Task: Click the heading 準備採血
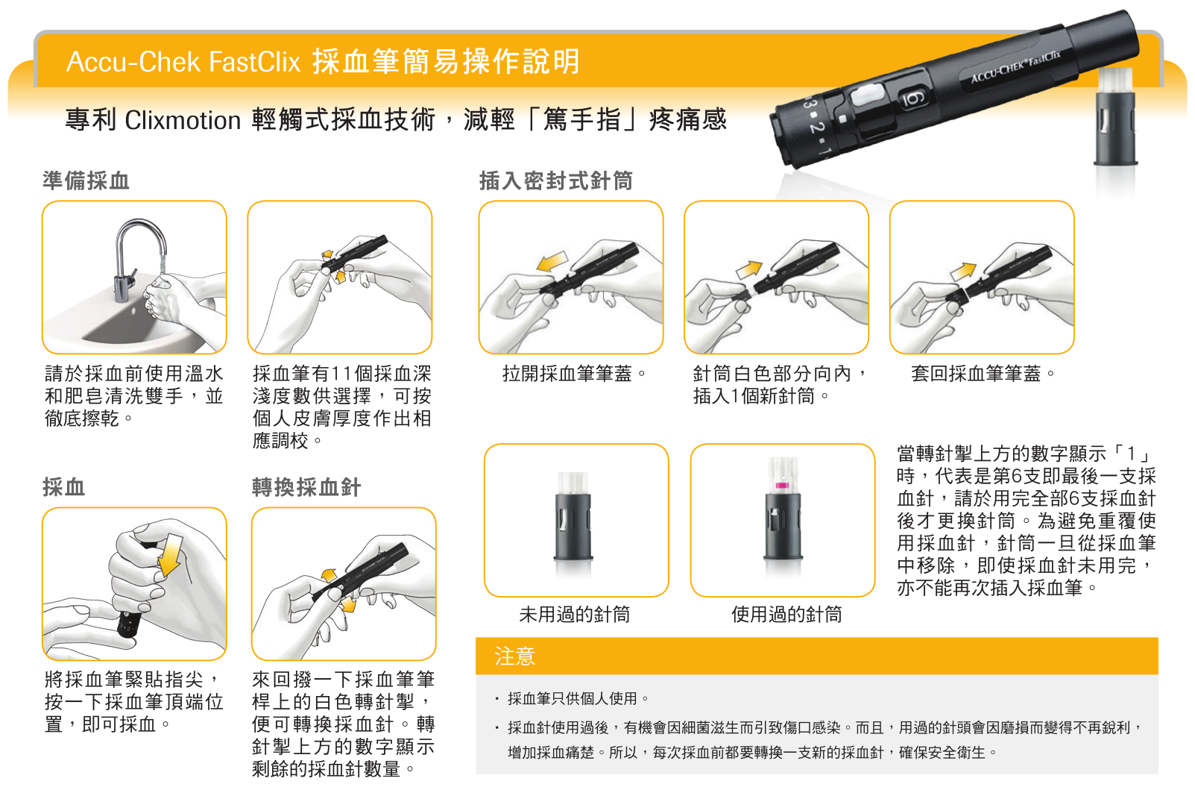[x=86, y=181]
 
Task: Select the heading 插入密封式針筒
[x=556, y=181]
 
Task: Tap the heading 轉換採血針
[x=306, y=487]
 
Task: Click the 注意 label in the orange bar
[x=514, y=656]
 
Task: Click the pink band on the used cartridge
[x=782, y=485]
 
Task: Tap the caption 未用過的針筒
[x=575, y=615]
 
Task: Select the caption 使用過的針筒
[x=786, y=615]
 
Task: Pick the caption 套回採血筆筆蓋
[x=983, y=373]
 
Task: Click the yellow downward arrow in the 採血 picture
[x=171, y=555]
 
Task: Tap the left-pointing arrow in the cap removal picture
[x=552, y=261]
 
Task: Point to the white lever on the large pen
[x=868, y=95]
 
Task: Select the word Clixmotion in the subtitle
[x=183, y=120]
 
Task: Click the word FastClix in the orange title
[x=254, y=61]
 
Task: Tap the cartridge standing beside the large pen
[x=1115, y=116]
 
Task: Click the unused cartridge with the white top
[x=573, y=515]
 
